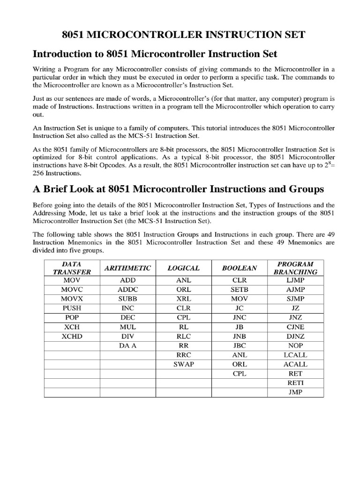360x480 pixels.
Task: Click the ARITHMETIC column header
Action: tap(127, 268)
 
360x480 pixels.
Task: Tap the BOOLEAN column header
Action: tap(240, 268)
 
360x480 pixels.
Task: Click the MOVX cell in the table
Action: tap(72, 299)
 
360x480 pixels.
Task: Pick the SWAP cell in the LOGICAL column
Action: tap(183, 364)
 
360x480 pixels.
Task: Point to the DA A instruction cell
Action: tap(127, 345)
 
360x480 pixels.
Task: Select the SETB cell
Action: tap(240, 289)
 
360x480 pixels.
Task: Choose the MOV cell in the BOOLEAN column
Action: tap(240, 299)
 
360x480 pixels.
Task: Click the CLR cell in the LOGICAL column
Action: tap(183, 308)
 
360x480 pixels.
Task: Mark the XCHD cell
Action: tap(72, 336)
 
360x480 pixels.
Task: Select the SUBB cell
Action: tap(127, 299)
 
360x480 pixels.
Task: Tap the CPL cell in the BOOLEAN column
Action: tap(240, 374)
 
